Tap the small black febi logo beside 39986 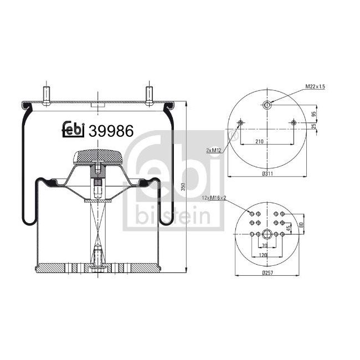click(x=73, y=128)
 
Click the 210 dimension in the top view click(x=267, y=142)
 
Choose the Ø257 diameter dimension click(x=267, y=272)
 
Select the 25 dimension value click(x=314, y=127)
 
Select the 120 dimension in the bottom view click(x=264, y=255)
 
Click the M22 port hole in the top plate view click(x=267, y=105)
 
